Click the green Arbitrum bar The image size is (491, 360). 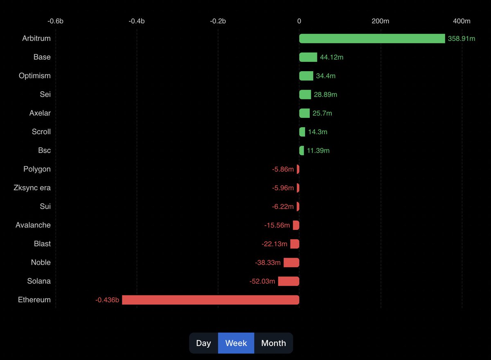tap(372, 38)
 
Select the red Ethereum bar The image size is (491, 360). tap(211, 300)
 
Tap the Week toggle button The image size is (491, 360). tap(236, 343)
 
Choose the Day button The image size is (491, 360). tap(203, 343)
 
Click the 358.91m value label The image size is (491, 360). tap(462, 38)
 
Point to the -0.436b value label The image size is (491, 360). tap(107, 300)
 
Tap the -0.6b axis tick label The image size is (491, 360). tap(55, 21)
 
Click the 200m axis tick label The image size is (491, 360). tap(380, 21)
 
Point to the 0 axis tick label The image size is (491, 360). tap(299, 21)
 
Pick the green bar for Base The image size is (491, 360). tap(308, 57)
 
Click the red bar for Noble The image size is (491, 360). tap(291, 263)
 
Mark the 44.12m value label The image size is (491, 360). tap(331, 57)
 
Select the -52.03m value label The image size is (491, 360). tap(262, 281)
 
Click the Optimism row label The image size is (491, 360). tap(35, 76)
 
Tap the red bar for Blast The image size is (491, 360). tap(295, 244)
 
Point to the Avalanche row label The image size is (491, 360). tap(33, 225)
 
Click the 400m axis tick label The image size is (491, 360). tap(462, 21)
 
